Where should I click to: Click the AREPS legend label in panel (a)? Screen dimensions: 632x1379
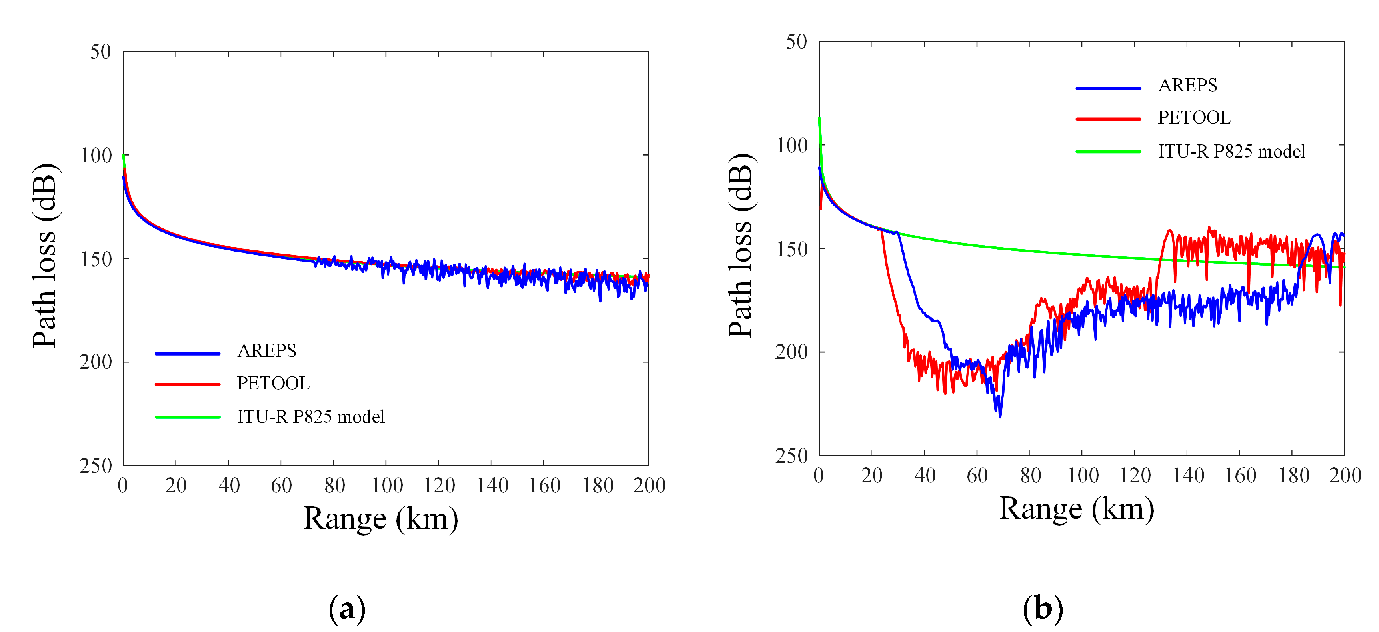point(267,351)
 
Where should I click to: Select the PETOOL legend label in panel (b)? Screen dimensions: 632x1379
point(1194,117)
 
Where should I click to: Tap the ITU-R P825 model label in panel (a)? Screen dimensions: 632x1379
point(310,417)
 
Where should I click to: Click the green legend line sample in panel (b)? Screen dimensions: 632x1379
point(1108,152)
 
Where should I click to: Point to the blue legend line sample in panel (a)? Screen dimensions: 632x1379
point(187,354)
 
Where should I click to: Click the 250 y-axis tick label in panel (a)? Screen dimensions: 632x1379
point(96,466)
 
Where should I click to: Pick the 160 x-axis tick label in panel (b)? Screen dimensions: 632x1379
point(1240,475)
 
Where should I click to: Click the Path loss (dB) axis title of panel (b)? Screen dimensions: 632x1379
point(741,245)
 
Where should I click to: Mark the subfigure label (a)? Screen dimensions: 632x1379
point(347,609)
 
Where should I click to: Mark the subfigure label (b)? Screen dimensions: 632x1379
point(1042,609)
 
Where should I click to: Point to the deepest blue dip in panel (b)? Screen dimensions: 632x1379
point(1000,416)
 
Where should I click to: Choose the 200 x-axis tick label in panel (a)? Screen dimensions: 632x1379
point(649,485)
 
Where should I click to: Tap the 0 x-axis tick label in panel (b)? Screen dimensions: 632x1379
point(819,475)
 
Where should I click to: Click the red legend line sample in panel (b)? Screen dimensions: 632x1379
point(1108,118)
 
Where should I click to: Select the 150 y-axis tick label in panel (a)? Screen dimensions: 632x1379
point(96,259)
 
